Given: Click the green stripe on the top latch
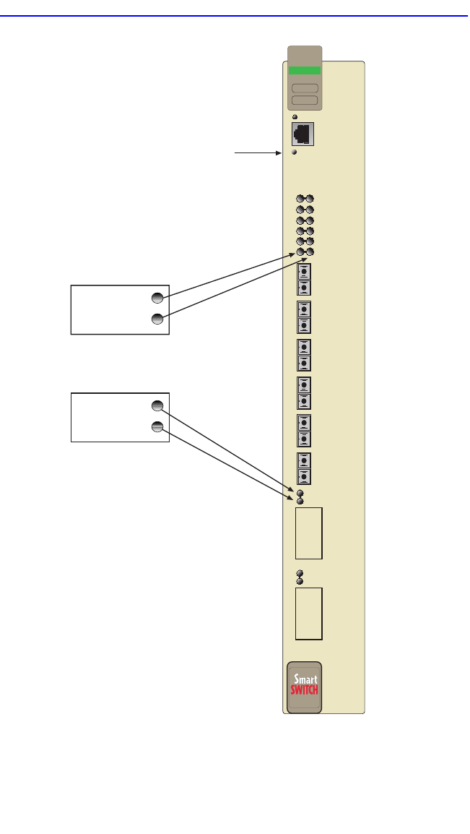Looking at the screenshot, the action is (304, 71).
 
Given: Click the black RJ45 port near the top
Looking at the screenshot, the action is (302, 134).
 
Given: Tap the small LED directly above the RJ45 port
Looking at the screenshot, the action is (295, 116).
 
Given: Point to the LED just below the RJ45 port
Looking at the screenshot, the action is (295, 152).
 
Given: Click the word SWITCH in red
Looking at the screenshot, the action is (304, 689).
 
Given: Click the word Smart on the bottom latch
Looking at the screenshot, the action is (304, 679).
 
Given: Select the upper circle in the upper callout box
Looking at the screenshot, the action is (157, 297).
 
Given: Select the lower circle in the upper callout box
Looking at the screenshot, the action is (157, 319).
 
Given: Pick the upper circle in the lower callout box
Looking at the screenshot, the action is (157, 405).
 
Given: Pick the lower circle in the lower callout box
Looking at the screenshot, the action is (157, 427).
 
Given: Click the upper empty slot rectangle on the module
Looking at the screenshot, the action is (308, 533).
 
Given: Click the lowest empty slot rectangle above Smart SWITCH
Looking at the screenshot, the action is (308, 613).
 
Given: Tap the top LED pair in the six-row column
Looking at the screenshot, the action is (305, 199).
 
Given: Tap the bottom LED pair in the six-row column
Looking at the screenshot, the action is (305, 252).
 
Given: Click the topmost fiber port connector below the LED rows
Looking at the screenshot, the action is (304, 272).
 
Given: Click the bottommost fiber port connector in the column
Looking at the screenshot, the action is (304, 476).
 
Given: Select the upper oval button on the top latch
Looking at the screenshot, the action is (304, 87).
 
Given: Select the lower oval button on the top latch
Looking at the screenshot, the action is (304, 100).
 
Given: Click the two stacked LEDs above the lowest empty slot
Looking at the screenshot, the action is (300, 577).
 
